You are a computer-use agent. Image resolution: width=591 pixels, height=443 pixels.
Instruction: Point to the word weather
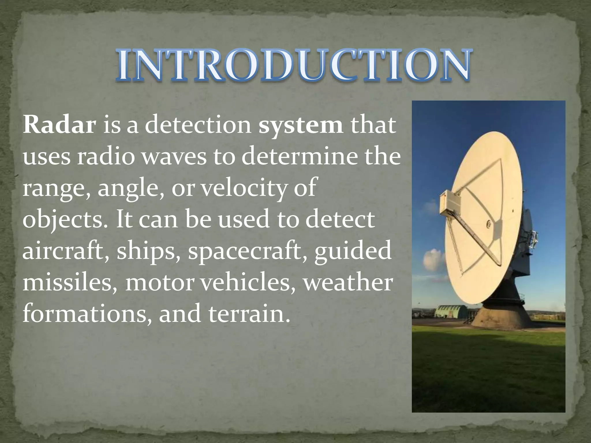pyautogui.click(x=347, y=283)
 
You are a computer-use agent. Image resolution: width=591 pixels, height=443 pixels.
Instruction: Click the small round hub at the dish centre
pyautogui.click(x=488, y=223)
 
